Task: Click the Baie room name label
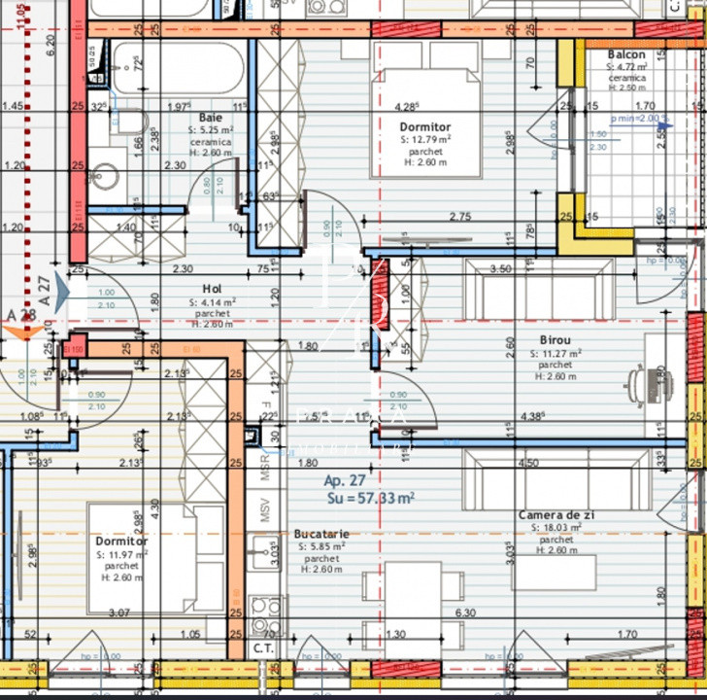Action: [x=210, y=117]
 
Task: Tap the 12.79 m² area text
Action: [x=425, y=140]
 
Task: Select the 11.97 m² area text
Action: [x=121, y=554]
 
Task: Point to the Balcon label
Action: [x=626, y=54]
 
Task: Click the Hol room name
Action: [x=212, y=289]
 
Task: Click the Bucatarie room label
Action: [x=321, y=534]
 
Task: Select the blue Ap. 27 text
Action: [x=345, y=480]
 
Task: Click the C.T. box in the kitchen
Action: [x=262, y=647]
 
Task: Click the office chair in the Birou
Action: [x=642, y=385]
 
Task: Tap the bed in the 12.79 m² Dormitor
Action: [x=427, y=122]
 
